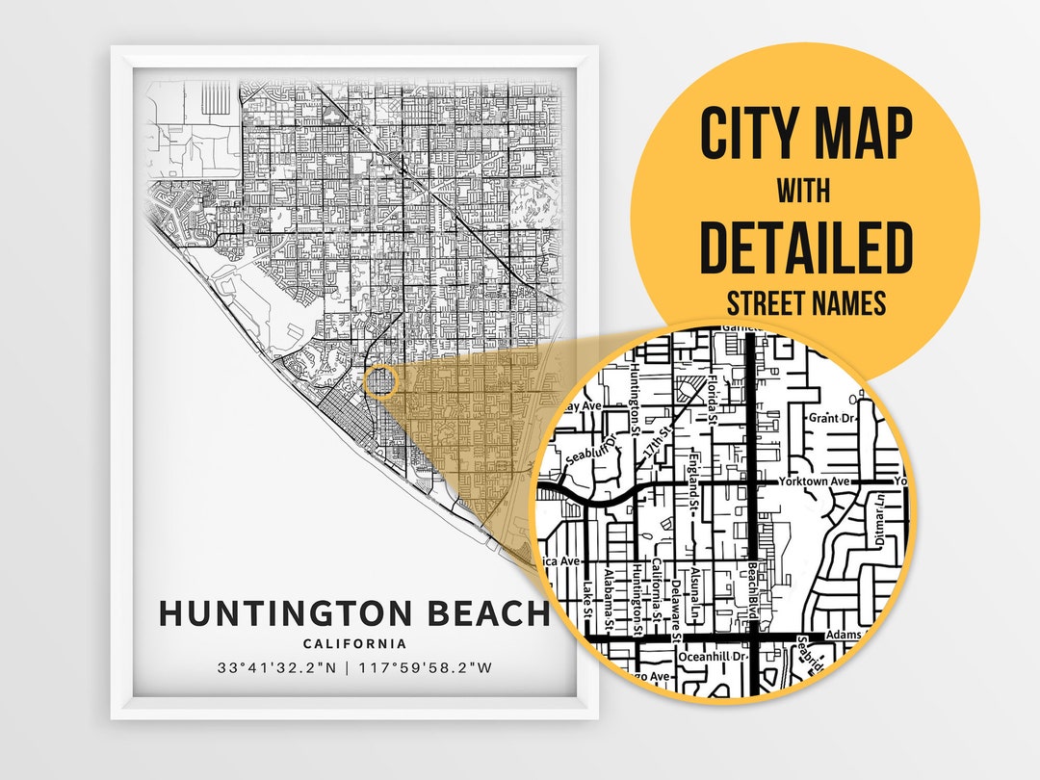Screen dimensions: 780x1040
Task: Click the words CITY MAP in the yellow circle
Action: pyautogui.click(x=805, y=135)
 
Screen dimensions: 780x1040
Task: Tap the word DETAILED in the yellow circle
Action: pyautogui.click(x=805, y=247)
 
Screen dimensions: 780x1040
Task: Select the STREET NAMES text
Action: pyautogui.click(x=805, y=304)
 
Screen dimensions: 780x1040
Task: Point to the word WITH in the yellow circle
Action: pyautogui.click(x=804, y=191)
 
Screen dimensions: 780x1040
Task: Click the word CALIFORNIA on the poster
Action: pyautogui.click(x=354, y=644)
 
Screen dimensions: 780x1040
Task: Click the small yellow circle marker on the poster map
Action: pyautogui.click(x=381, y=382)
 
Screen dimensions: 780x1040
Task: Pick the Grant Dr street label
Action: pyautogui.click(x=832, y=418)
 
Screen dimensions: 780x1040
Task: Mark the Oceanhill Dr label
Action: pyautogui.click(x=713, y=657)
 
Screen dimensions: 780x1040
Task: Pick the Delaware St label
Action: pyautogui.click(x=677, y=612)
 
